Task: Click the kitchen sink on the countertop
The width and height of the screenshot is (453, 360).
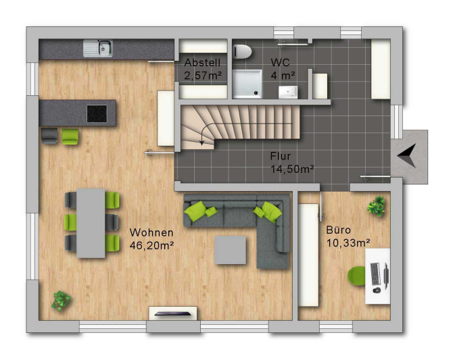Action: tap(98, 48)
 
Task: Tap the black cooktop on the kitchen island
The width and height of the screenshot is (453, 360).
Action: tap(97, 113)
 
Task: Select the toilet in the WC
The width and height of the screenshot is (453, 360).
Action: tap(242, 52)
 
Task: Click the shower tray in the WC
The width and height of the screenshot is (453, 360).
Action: tap(247, 84)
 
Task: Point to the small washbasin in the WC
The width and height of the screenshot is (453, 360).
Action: tap(288, 92)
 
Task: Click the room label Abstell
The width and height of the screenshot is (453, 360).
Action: tap(202, 63)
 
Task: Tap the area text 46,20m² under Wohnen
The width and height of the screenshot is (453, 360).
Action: tap(151, 245)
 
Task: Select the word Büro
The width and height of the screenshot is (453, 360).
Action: tap(338, 230)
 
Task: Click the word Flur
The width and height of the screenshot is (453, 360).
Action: tap(280, 156)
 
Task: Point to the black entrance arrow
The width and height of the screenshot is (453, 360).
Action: tap(407, 155)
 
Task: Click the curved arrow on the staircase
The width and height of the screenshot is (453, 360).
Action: tap(206, 132)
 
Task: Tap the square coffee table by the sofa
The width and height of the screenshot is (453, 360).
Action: tap(231, 250)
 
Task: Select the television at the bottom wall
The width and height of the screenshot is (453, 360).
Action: tap(173, 314)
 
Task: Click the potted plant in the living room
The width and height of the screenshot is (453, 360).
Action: tap(61, 301)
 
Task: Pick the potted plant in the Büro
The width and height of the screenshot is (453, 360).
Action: tap(377, 206)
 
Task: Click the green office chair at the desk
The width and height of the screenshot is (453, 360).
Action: tap(356, 276)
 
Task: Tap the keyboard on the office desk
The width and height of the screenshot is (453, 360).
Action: tap(375, 273)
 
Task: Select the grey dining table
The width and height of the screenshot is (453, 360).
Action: tap(91, 223)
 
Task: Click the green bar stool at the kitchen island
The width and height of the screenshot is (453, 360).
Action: tap(70, 136)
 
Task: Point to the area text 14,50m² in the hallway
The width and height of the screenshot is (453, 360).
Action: tap(292, 169)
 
